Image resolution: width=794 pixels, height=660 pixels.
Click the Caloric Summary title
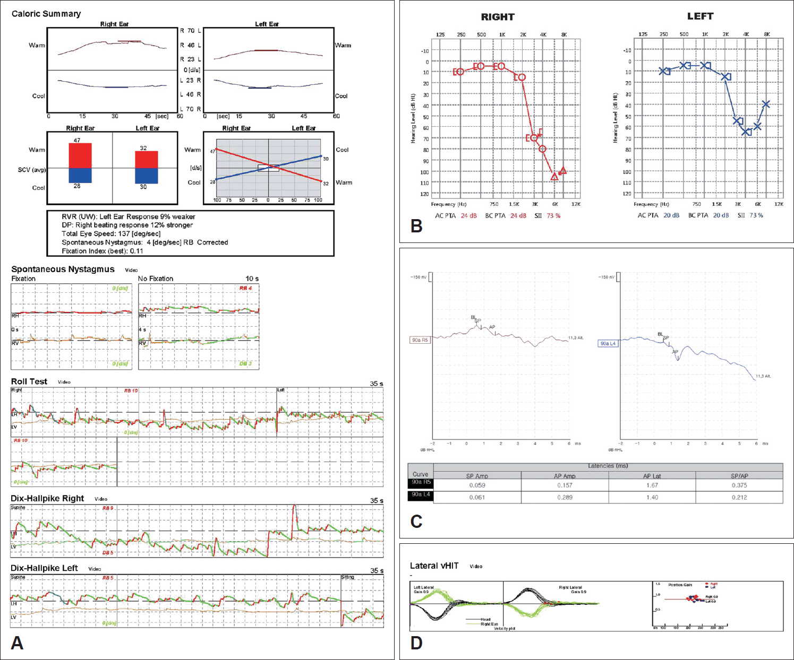46,14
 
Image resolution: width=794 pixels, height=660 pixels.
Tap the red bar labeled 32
146,159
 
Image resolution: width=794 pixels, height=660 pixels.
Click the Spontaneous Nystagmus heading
63,270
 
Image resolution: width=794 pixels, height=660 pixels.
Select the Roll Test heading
29,381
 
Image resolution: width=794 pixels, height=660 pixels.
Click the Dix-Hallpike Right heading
47,499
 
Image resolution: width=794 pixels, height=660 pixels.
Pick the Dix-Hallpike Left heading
44,568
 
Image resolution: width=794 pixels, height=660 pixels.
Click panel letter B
416,226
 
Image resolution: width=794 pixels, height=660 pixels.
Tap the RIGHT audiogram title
498,17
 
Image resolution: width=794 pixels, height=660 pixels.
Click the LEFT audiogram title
700,16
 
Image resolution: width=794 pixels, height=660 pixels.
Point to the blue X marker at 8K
765,104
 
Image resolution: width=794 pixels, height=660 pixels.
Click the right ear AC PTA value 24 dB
468,216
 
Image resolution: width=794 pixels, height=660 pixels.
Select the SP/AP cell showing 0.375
739,485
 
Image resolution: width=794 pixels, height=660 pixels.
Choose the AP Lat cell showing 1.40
652,498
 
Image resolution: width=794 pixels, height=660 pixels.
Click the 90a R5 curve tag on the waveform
420,340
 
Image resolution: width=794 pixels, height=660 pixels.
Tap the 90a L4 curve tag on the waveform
608,344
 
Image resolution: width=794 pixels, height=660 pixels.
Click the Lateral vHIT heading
434,566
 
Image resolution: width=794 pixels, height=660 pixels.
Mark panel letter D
416,643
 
